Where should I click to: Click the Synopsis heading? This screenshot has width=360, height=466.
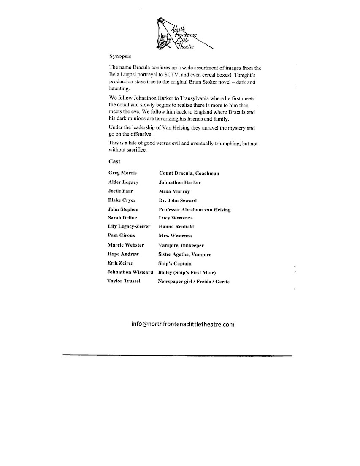click(x=120, y=56)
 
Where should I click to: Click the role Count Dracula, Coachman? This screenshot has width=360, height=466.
click(x=189, y=173)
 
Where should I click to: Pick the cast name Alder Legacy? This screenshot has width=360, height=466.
click(x=123, y=182)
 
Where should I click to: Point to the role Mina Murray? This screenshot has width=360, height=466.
click(x=174, y=192)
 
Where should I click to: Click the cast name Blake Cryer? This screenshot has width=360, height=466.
click(x=122, y=200)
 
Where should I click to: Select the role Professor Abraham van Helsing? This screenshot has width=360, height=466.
click(x=195, y=210)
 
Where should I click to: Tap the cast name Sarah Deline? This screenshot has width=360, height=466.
click(x=122, y=218)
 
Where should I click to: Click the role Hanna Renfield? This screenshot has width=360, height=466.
click(x=176, y=227)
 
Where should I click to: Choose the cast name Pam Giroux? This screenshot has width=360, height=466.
click(x=122, y=236)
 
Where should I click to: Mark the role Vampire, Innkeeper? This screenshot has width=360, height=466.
click(x=181, y=245)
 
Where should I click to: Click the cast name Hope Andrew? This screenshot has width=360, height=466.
click(x=123, y=255)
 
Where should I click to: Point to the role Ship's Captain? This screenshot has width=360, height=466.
click(x=175, y=263)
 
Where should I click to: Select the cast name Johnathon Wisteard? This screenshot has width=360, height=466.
click(x=130, y=272)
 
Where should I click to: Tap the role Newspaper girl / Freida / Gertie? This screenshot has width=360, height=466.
click(x=194, y=282)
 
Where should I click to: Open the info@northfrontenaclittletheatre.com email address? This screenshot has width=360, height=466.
click(x=183, y=325)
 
